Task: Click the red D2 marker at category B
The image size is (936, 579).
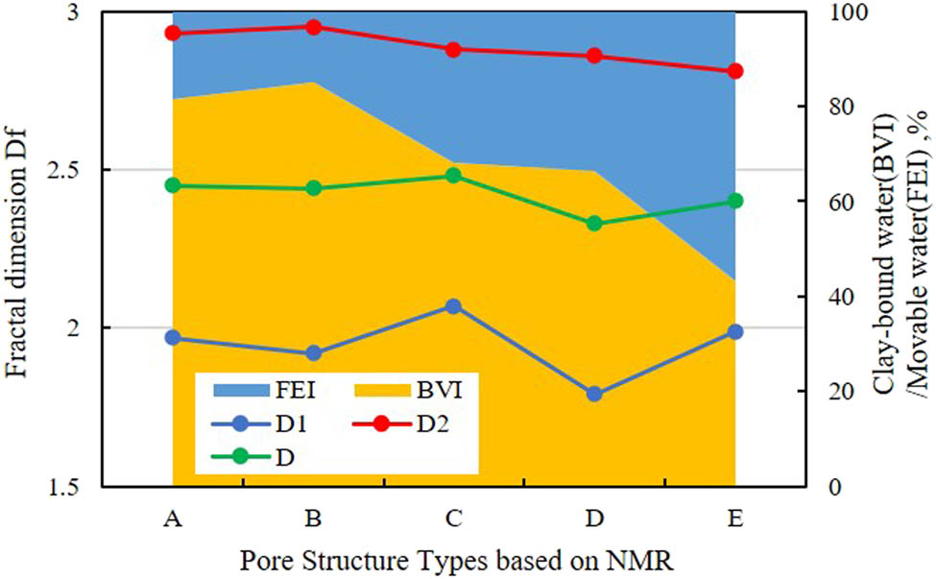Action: pos(313,27)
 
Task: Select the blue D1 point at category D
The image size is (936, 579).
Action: pos(594,394)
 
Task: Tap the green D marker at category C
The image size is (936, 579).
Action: pos(453,176)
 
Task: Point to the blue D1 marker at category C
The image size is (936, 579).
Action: pos(453,306)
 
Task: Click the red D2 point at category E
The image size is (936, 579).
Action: pos(735,71)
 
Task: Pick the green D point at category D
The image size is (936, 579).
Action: pos(594,224)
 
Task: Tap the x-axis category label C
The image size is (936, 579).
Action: pos(453,519)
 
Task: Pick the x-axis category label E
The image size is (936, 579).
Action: pos(735,519)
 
